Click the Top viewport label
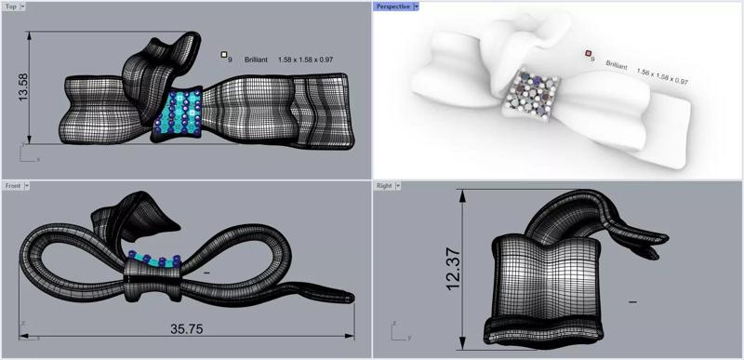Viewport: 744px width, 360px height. (x=10, y=7)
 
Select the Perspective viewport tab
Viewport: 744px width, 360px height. (x=392, y=7)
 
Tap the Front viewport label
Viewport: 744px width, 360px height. (x=13, y=186)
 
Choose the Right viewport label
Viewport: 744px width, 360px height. (x=384, y=186)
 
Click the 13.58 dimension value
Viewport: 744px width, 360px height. (x=22, y=87)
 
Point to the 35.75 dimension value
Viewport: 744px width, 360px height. (x=187, y=328)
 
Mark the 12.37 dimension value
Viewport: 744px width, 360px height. (x=454, y=269)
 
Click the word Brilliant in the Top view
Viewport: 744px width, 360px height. (x=256, y=60)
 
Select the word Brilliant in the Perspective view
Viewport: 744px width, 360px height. (x=617, y=65)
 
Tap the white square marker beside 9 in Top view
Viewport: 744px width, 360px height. (x=224, y=55)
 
